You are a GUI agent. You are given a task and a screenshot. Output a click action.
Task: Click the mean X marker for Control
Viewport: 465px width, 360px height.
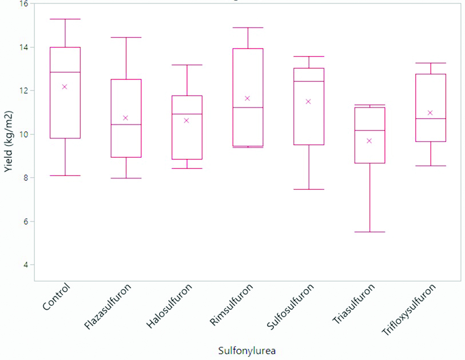pos(65,87)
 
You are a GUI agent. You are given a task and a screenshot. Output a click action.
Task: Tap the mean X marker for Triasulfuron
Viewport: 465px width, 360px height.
pos(369,141)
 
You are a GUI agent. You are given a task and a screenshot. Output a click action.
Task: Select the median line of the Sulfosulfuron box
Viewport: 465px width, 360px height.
pos(309,82)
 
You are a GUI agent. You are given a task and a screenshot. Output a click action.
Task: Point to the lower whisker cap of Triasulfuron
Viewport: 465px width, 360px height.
pos(369,232)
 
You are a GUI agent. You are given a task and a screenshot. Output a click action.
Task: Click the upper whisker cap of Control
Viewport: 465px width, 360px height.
pos(65,19)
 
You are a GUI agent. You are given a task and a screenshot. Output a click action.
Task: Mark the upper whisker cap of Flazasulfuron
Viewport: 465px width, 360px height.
pos(126,38)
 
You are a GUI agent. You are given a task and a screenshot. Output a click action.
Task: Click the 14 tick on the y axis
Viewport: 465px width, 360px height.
pos(23,47)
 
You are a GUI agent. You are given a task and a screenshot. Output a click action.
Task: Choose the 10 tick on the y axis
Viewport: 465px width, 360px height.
pos(23,134)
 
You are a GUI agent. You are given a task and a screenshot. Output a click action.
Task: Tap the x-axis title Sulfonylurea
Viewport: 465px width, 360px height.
pos(247,350)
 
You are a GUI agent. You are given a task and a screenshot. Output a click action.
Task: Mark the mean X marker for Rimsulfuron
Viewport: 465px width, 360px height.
pos(248,98)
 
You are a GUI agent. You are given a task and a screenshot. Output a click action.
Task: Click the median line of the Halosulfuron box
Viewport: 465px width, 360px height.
pos(186,114)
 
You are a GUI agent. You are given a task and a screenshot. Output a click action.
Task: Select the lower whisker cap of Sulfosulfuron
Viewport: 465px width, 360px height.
pos(309,189)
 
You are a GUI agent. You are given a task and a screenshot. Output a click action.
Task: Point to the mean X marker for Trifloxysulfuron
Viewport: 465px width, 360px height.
pos(430,113)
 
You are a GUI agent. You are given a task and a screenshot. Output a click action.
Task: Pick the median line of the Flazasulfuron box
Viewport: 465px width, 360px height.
pos(126,125)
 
